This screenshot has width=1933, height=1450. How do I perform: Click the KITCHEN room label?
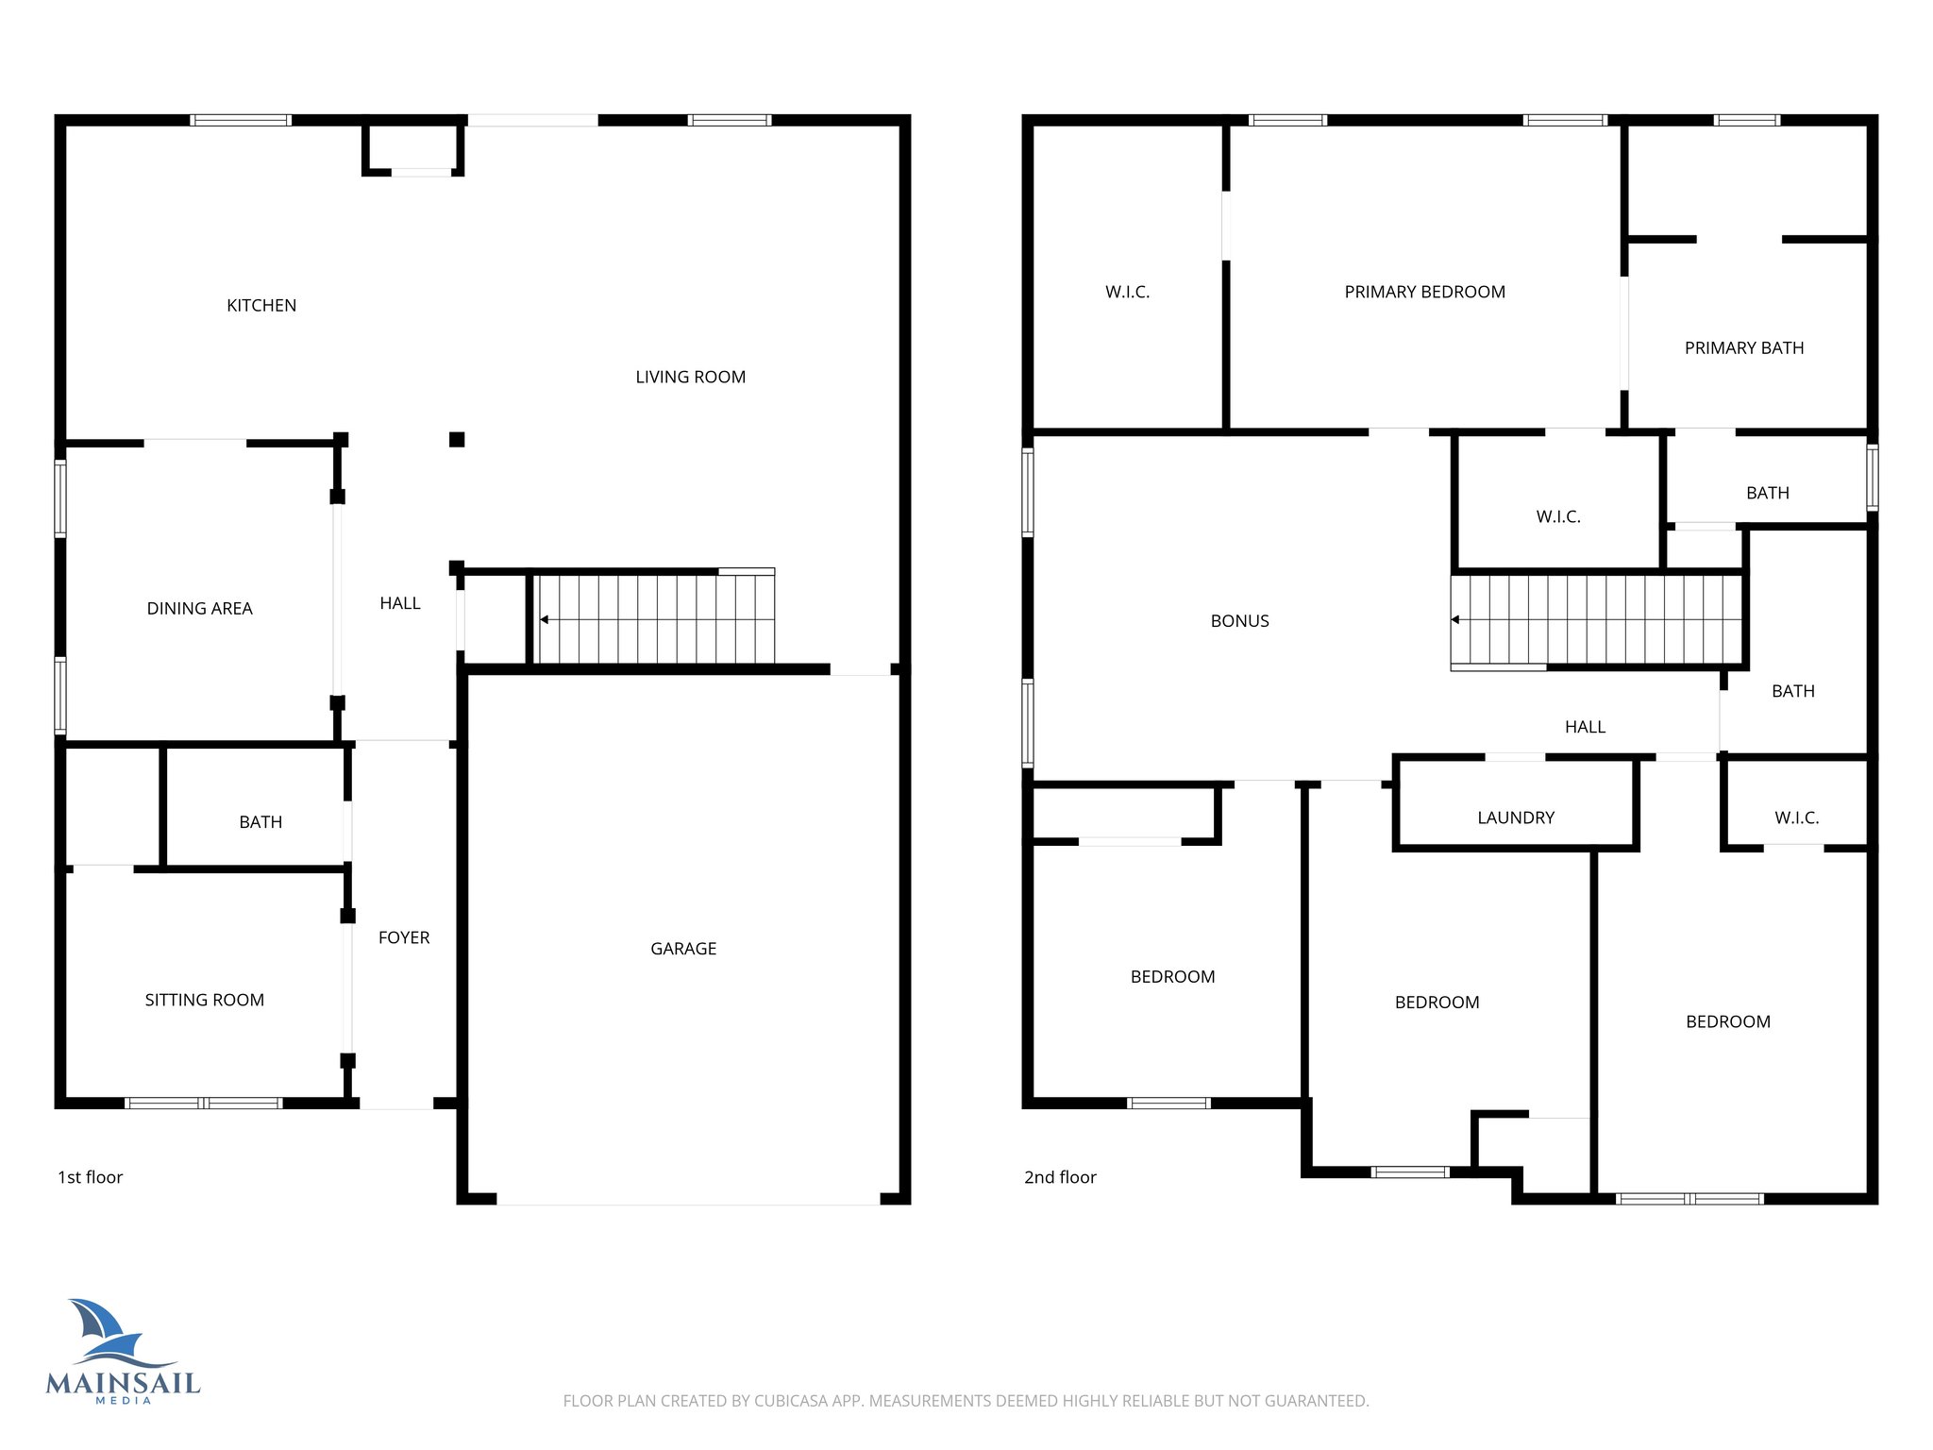point(261,306)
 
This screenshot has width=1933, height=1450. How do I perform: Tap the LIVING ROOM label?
point(690,378)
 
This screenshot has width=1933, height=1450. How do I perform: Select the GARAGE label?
point(683,949)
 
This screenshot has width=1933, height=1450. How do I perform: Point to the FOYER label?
point(404,937)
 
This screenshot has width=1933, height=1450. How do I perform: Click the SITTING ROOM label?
point(204,1000)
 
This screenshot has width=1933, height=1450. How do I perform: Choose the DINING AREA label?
point(199,609)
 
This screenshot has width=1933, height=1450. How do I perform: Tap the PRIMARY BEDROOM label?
point(1424,293)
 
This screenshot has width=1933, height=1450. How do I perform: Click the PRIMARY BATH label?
point(1743,348)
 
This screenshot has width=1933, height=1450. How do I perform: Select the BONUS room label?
point(1239,621)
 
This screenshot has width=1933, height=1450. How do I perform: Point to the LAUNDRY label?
point(1515,818)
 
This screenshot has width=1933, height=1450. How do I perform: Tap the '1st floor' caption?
point(91,1177)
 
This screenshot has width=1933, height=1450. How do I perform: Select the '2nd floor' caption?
point(1060,1177)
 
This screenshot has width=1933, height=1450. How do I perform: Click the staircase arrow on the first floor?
point(545,620)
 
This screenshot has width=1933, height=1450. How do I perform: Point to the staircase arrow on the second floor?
point(1455,620)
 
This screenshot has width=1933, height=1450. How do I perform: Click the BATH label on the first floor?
point(261,822)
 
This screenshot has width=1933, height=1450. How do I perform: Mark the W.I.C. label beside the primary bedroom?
point(1127,293)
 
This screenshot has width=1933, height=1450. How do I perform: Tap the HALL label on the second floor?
point(1585,727)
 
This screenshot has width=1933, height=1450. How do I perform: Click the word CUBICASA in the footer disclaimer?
point(791,1401)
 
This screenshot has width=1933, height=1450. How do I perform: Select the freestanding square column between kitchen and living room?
point(457,439)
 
